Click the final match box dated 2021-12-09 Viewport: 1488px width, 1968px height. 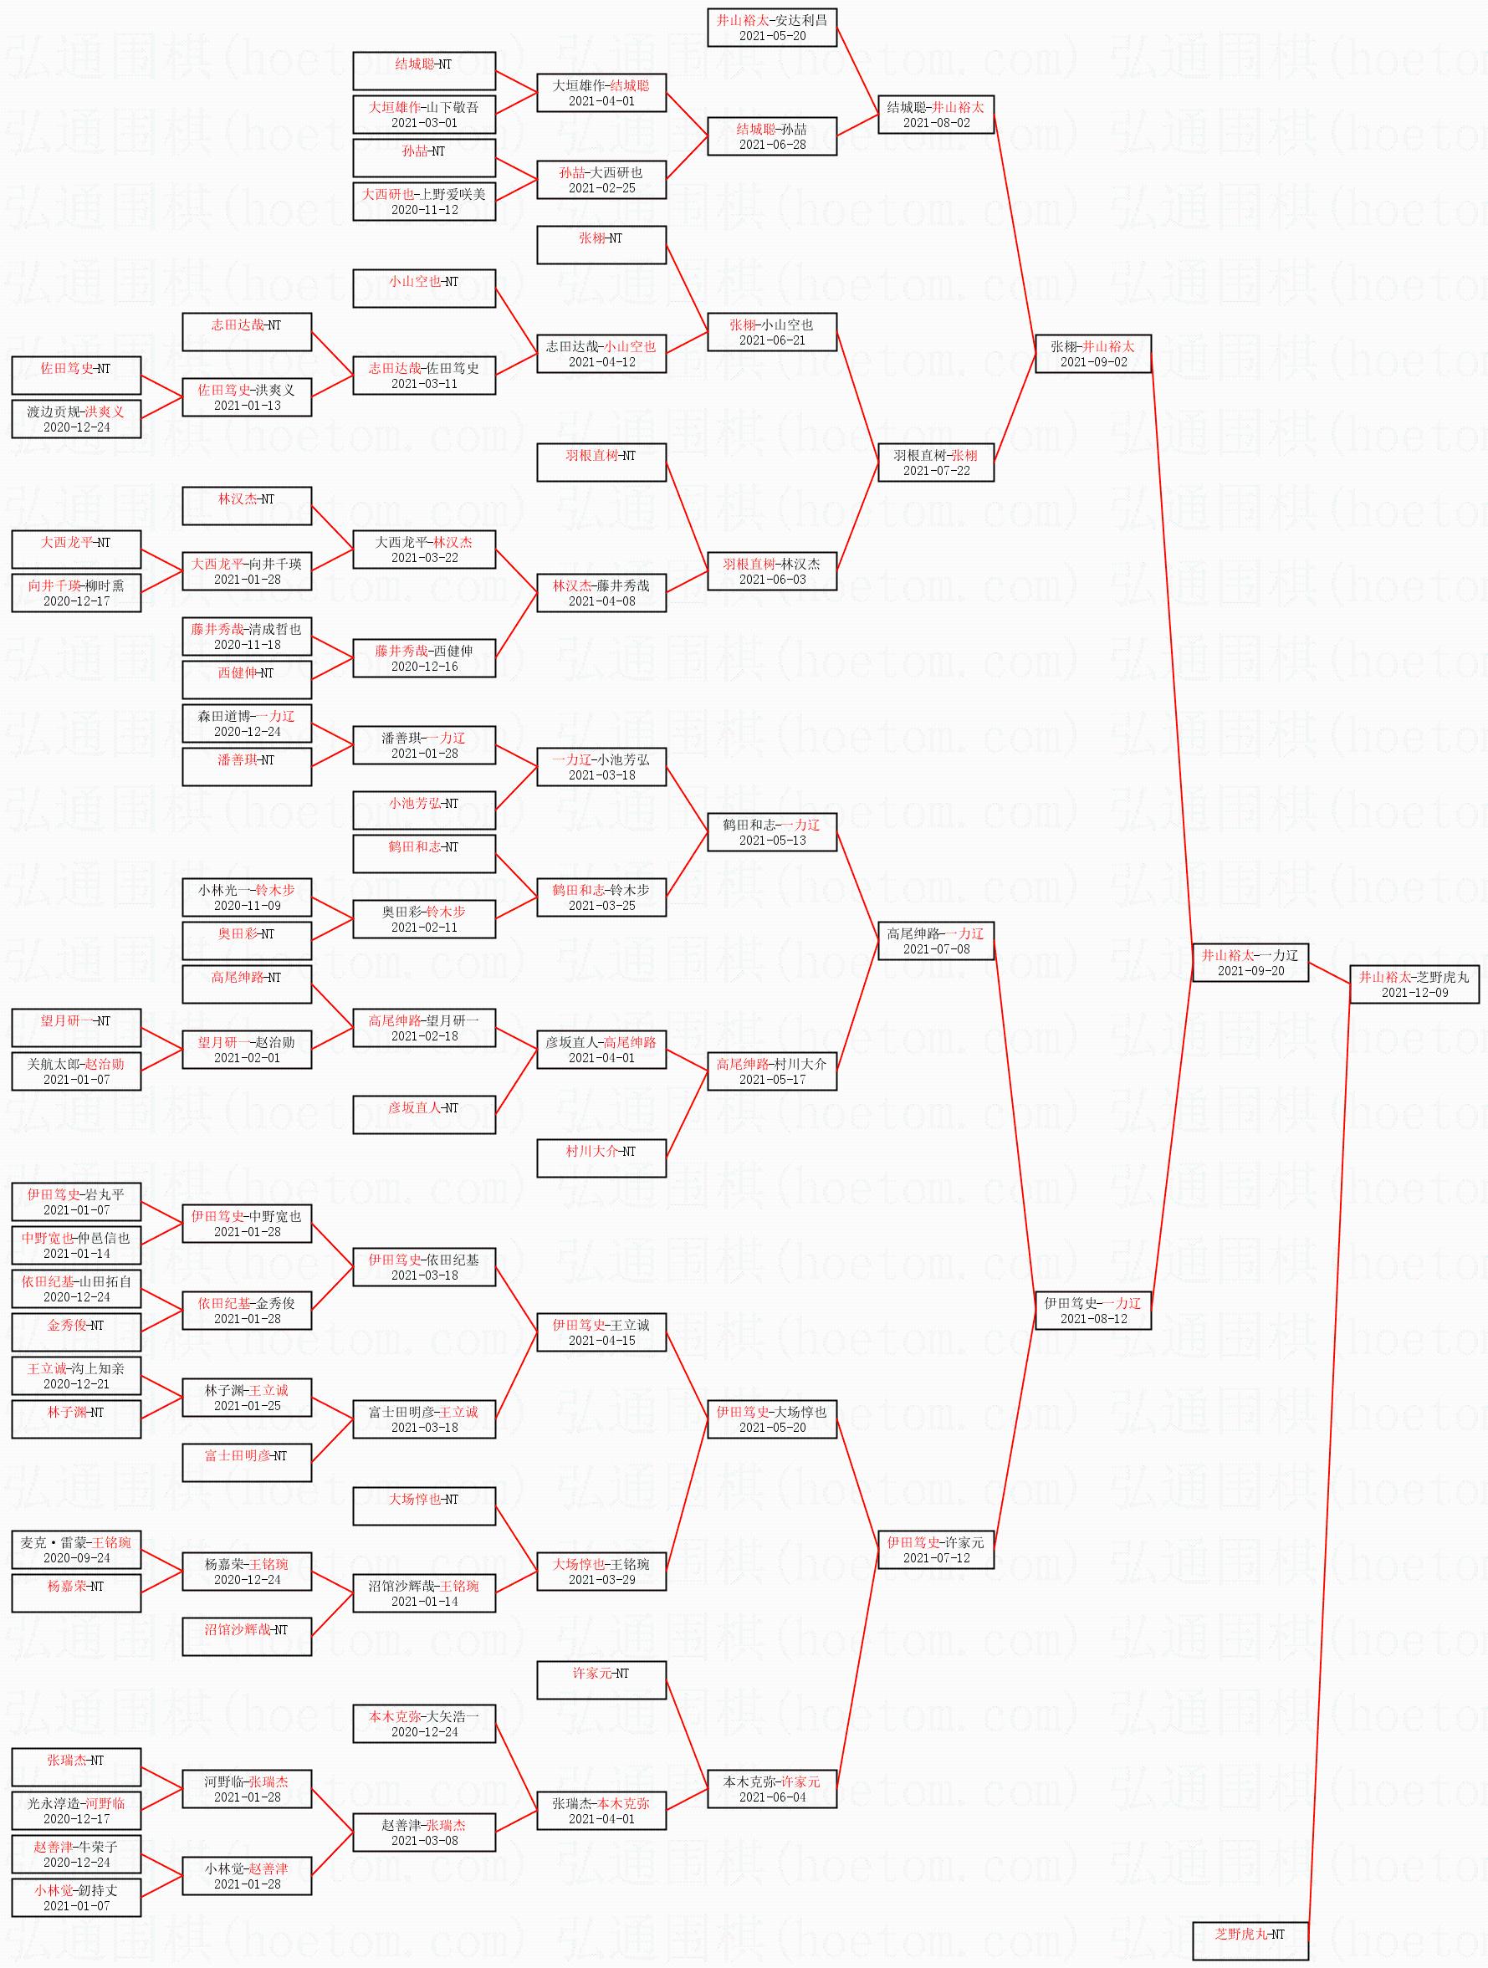point(1414,984)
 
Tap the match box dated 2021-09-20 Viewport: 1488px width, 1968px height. point(1250,963)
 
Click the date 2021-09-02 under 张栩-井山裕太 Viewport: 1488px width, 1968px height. point(1093,362)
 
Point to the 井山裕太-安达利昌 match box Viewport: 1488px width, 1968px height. point(771,28)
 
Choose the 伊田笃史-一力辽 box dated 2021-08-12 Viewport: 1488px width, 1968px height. point(1093,1311)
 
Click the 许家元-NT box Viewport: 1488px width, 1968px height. point(601,1679)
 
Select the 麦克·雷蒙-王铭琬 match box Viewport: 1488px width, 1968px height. point(75,1550)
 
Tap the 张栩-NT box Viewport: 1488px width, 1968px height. point(601,245)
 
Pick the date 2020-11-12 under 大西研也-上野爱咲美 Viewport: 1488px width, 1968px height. point(423,210)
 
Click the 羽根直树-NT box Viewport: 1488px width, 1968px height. point(601,462)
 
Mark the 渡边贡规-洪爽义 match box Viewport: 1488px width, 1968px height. point(75,419)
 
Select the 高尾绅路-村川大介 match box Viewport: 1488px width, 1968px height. point(771,1071)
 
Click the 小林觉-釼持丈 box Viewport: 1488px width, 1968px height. point(75,1897)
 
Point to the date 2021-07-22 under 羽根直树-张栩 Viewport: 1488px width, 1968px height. point(935,471)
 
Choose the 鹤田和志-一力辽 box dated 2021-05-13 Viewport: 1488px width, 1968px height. point(771,832)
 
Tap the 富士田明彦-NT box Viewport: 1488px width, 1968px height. point(247,1463)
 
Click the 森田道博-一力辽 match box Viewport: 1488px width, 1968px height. point(247,723)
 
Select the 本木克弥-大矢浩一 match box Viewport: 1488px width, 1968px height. point(423,1723)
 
